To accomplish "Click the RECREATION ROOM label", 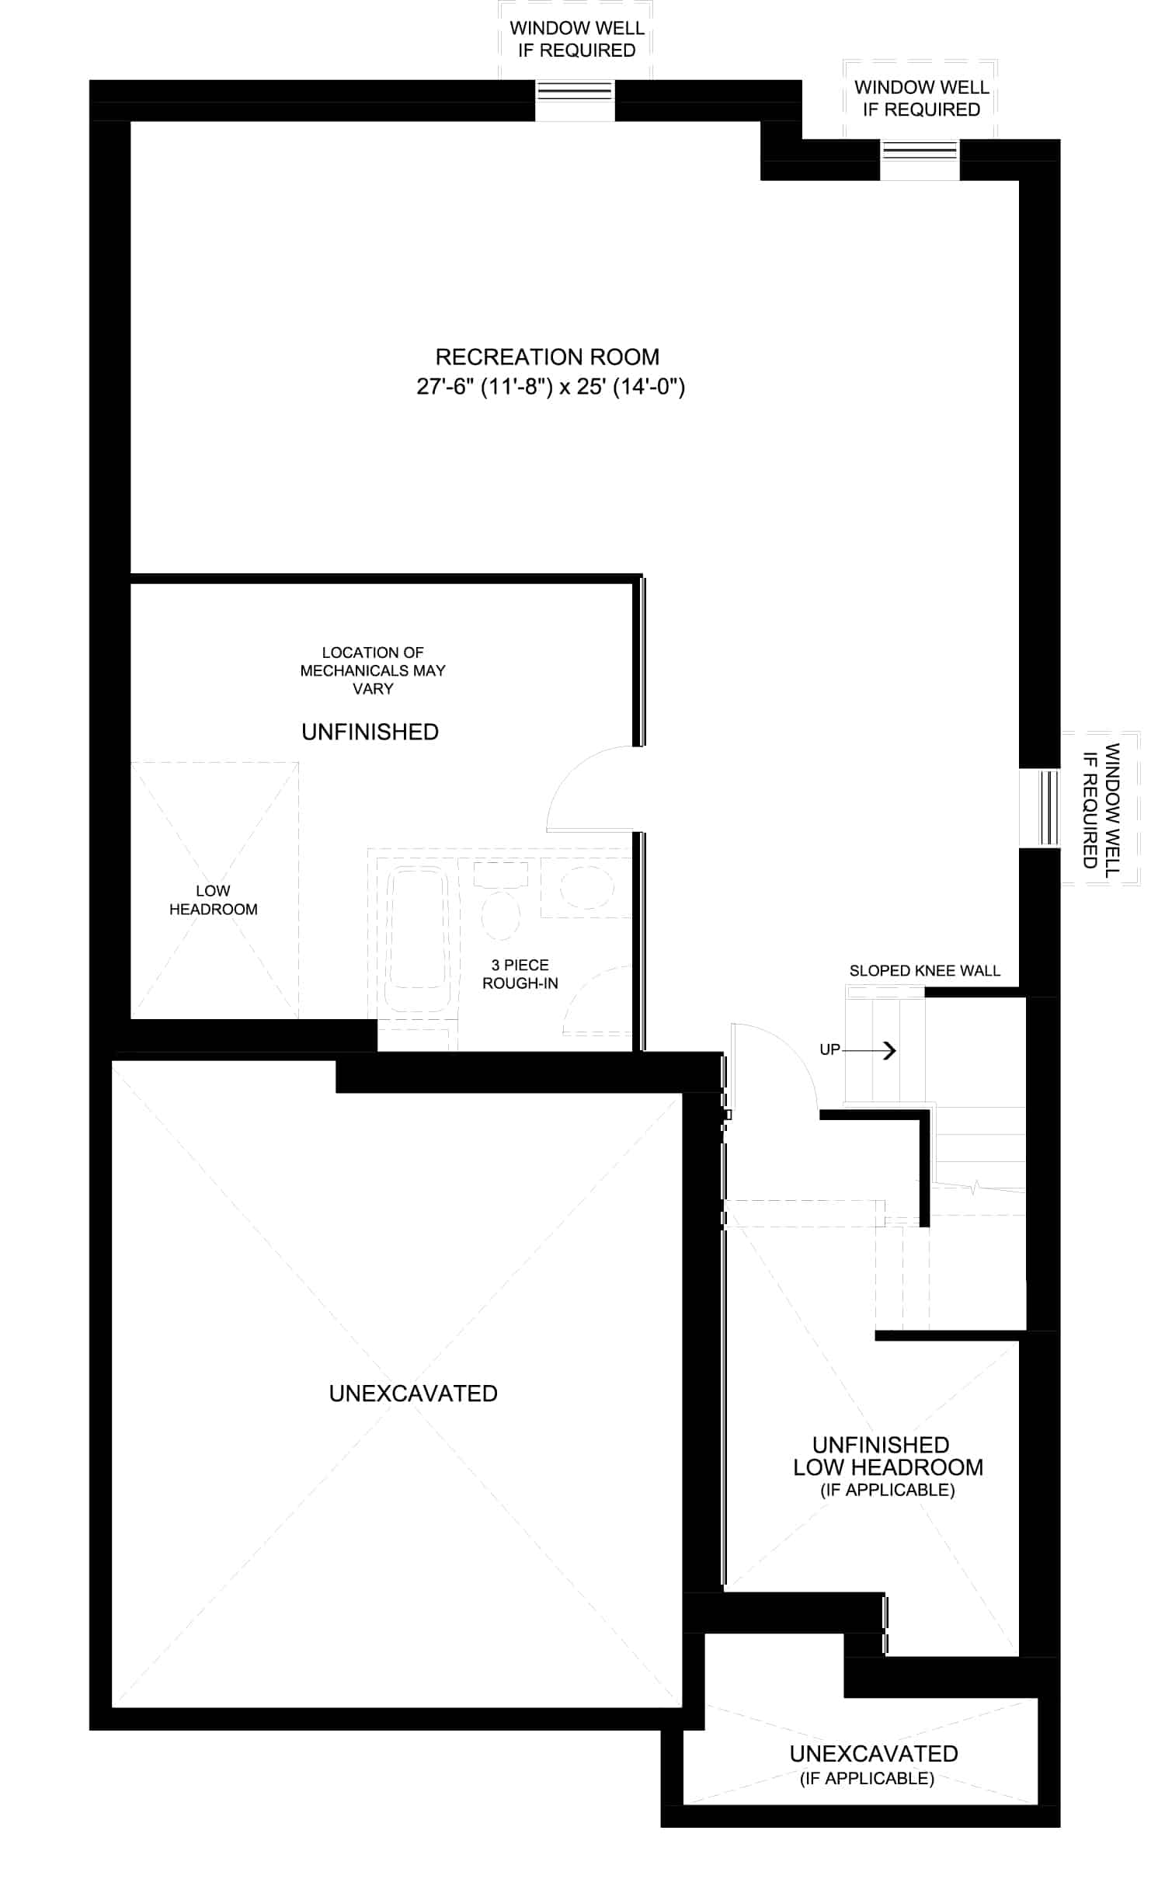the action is click(x=547, y=357).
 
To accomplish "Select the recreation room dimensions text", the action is click(x=551, y=386).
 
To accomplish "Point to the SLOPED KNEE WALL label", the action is click(x=924, y=970).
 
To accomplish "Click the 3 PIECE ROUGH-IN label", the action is click(x=520, y=974).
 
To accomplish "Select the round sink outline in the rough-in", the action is click(x=587, y=885).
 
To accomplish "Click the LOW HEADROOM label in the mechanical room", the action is click(x=213, y=900).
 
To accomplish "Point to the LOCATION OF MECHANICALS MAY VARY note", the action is click(x=373, y=670).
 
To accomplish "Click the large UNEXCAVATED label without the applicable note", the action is click(x=413, y=1394).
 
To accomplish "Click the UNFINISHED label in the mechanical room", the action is click(x=370, y=732).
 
